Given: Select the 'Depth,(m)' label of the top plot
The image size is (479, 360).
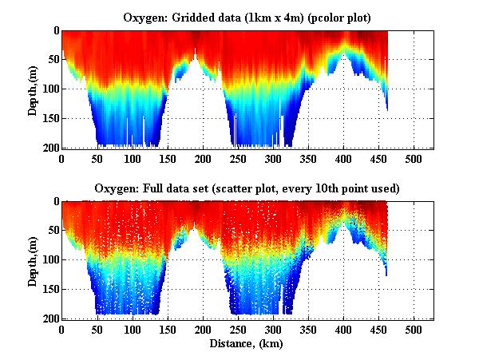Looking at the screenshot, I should point(33,89).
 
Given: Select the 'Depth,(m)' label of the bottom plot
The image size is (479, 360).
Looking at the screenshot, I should point(33,259).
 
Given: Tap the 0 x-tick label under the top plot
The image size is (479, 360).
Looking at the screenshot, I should point(61,159).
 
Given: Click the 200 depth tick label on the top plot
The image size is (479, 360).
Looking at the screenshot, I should point(49,148).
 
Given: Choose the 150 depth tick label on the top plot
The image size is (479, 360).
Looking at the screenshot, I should point(49,119).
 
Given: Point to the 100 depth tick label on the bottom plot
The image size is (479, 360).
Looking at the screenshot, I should point(49,260).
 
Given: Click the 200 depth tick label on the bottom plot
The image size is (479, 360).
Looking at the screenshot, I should point(49,319).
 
